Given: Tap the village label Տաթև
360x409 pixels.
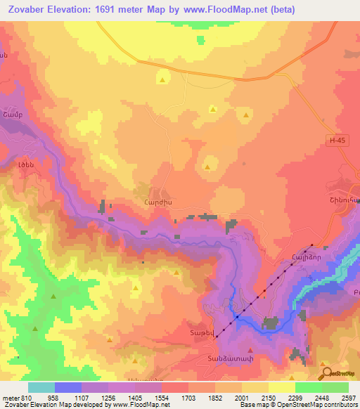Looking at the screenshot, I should pyautogui.click(x=199, y=332).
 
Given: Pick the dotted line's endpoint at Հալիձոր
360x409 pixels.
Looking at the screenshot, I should pyautogui.click(x=312, y=245).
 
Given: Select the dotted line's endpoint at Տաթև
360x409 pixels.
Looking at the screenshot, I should pyautogui.click(x=217, y=337).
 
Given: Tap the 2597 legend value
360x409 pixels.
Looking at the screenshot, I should pyautogui.click(x=349, y=398).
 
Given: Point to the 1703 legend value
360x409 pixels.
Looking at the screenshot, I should pyautogui.click(x=188, y=398).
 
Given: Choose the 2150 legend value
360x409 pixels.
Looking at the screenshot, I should pyautogui.click(x=268, y=398).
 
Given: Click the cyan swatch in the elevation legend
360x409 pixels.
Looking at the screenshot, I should pyautogui.click(x=41, y=387).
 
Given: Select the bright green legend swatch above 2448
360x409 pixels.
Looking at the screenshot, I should pyautogui.click(x=308, y=387).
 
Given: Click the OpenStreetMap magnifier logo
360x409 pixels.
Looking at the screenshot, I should pyautogui.click(x=326, y=373).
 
